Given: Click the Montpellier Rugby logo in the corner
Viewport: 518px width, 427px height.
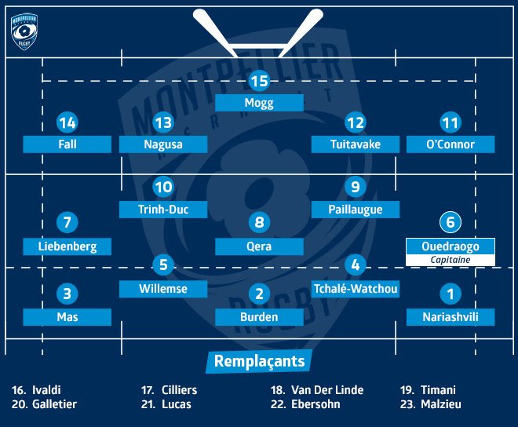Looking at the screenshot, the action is click(x=25, y=31).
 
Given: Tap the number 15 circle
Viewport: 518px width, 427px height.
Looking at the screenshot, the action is click(x=259, y=80).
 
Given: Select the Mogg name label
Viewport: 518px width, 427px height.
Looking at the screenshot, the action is click(x=259, y=102).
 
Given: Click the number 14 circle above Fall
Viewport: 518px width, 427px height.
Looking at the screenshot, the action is click(x=67, y=122).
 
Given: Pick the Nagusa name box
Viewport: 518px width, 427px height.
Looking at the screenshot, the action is click(x=163, y=144).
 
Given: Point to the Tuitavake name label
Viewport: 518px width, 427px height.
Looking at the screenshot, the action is click(x=355, y=144).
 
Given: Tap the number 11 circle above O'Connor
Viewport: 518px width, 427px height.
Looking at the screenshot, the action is click(x=450, y=122).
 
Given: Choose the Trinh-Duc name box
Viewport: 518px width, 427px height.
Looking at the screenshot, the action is click(x=163, y=209).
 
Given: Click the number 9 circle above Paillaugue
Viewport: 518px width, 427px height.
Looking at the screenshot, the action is click(x=356, y=187).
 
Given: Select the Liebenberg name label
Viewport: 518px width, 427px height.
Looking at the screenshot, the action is click(x=67, y=246).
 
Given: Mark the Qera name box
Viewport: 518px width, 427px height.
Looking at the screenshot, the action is click(x=259, y=246).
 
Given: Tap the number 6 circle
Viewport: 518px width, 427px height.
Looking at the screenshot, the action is click(x=450, y=222).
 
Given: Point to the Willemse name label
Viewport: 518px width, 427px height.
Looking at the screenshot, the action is click(x=163, y=289).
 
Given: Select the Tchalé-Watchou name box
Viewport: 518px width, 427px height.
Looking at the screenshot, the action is click(x=355, y=289).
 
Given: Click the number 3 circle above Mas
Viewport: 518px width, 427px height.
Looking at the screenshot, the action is click(x=67, y=294).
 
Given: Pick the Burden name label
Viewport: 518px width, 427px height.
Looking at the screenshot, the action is click(x=259, y=317).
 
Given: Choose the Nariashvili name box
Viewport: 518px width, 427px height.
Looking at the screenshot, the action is click(x=450, y=317).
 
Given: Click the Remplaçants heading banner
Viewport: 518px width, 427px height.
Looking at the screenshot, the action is click(x=259, y=362).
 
